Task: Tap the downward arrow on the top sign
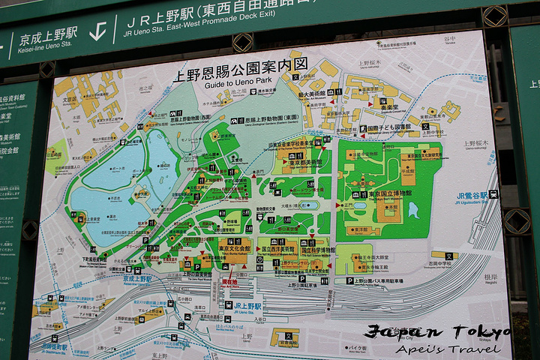(x=97, y=31)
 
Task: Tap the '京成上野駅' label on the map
(x=140, y=277)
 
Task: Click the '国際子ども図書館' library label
(x=390, y=127)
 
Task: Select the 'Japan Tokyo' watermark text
(x=438, y=332)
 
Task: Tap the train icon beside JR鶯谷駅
(x=493, y=194)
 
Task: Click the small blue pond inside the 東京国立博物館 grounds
(x=413, y=211)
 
